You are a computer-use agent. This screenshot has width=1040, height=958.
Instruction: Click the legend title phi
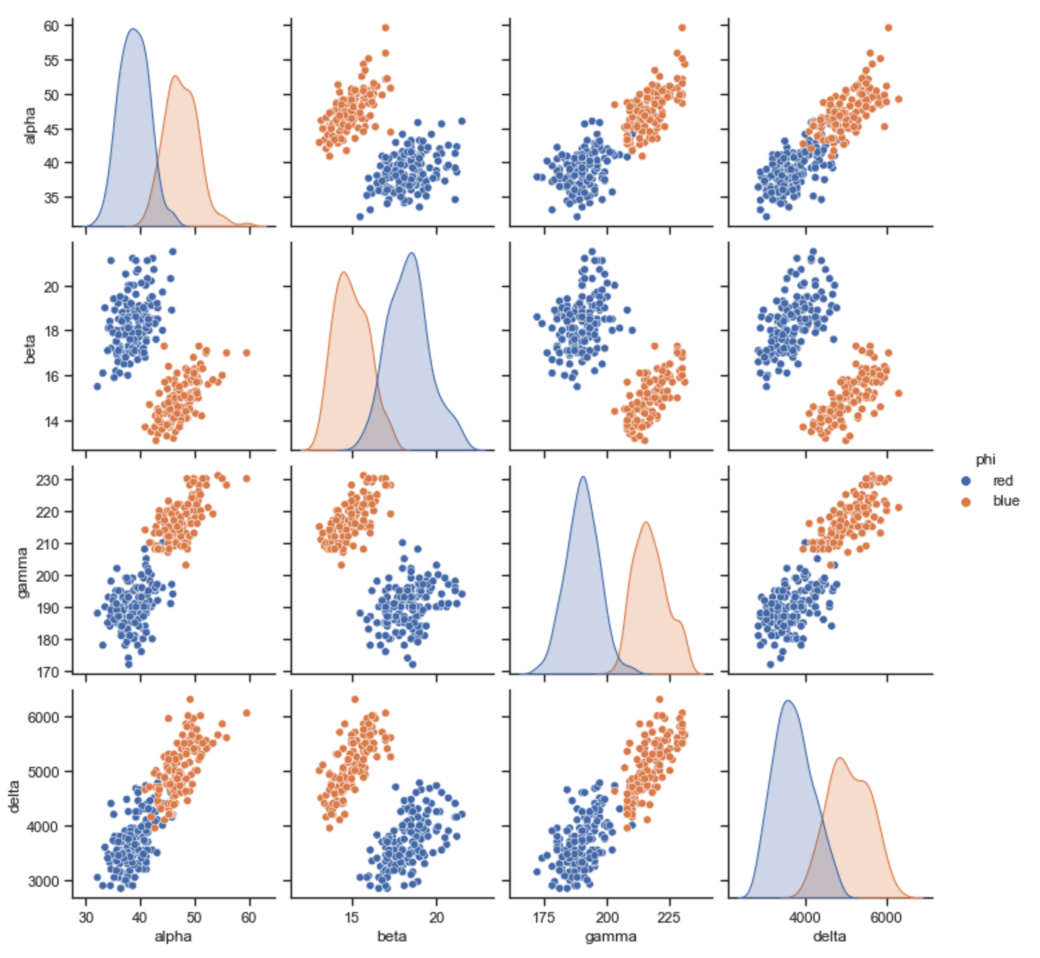point(985,460)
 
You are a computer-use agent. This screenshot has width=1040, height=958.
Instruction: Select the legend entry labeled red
point(1002,481)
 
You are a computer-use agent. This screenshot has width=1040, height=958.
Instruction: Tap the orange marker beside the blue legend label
point(965,502)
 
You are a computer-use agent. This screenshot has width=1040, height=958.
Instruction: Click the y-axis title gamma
point(23,572)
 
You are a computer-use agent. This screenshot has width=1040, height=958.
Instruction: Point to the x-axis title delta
point(829,937)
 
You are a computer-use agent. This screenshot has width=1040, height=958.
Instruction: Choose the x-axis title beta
point(392,937)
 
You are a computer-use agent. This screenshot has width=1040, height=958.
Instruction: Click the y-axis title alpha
point(29,126)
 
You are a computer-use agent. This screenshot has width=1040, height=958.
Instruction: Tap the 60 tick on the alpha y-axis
point(51,26)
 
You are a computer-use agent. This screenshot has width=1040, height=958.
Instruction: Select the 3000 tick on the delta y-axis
point(44,881)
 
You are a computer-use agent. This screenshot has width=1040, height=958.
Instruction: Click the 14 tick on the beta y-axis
point(51,421)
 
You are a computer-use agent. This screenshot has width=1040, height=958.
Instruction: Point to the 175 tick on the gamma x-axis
point(545,918)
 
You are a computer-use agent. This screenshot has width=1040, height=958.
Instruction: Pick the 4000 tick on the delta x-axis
point(805,918)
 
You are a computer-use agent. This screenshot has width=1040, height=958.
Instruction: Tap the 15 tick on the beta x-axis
point(352,918)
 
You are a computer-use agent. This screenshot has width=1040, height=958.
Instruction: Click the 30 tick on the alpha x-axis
point(86,918)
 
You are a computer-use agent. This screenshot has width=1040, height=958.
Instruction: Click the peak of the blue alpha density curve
point(133,29)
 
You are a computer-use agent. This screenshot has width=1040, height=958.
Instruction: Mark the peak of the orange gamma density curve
point(645,522)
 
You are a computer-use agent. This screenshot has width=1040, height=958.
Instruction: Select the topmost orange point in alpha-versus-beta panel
point(385,28)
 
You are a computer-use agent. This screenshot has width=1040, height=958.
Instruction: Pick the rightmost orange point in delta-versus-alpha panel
point(247,713)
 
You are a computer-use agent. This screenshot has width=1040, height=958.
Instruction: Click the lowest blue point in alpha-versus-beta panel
point(360,217)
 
